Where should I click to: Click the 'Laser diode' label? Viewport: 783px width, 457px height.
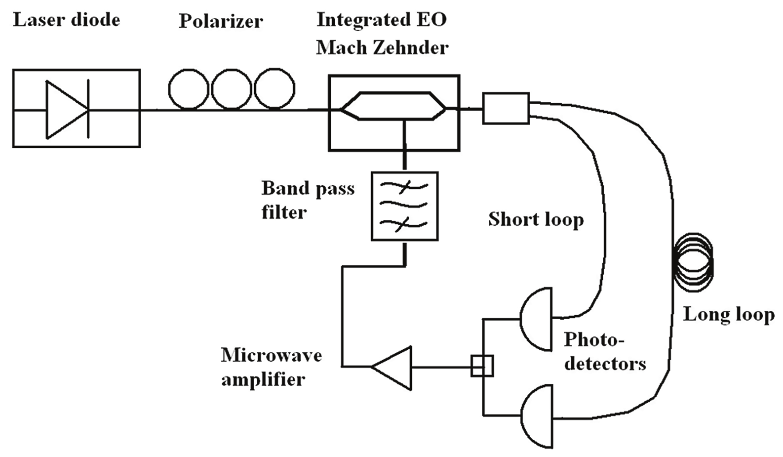point(66,20)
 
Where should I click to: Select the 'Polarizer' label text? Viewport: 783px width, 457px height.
point(221,21)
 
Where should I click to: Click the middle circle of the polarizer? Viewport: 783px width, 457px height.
point(232,89)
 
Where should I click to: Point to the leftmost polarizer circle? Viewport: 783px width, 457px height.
point(189,89)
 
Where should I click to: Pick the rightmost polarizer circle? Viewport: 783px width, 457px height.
point(274,89)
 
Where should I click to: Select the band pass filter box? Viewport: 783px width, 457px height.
point(404,206)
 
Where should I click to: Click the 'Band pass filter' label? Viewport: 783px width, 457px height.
point(308,200)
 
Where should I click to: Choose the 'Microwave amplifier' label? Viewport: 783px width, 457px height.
point(271,367)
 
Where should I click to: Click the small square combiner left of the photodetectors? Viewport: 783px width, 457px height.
point(482,366)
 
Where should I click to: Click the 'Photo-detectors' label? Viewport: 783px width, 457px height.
point(605,351)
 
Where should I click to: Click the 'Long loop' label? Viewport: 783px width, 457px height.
point(729,315)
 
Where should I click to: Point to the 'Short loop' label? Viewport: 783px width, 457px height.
point(536,219)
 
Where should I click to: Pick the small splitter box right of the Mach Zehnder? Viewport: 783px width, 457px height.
point(506,108)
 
